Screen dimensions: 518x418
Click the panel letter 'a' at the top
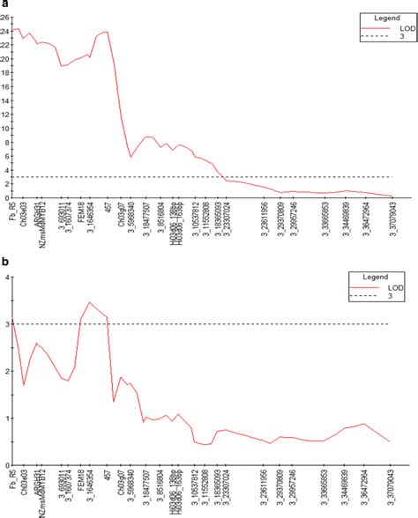pyautogui.click(x=4, y=4)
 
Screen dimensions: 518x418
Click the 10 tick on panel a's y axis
pyautogui.click(x=5, y=129)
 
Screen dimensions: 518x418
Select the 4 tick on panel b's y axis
pyautogui.click(x=7, y=277)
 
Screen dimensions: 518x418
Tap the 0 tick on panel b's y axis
pyautogui.click(x=7, y=464)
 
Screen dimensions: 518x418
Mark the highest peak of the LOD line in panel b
pyautogui.click(x=90, y=302)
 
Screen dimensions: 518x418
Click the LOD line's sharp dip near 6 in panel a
pyautogui.click(x=131, y=157)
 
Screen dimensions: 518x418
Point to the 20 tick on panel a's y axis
pyautogui.click(x=5, y=58)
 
